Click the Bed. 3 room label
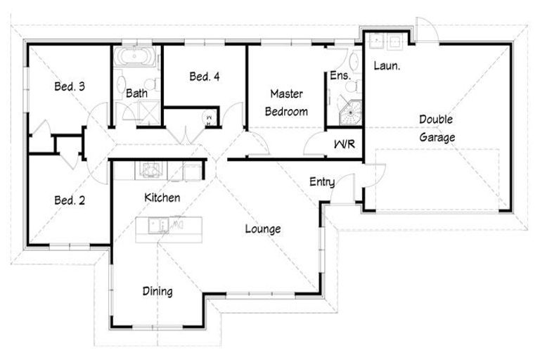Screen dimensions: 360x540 [70, 87]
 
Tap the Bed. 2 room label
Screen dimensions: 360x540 [70, 200]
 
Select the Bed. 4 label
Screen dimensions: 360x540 [205, 77]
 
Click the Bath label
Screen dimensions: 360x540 [136, 92]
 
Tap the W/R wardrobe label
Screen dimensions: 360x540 [344, 146]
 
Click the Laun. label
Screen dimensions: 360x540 [387, 66]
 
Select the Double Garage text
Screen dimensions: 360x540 [437, 128]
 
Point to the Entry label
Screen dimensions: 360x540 [322, 182]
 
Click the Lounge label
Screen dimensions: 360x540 [263, 229]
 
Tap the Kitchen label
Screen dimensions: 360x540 [162, 198]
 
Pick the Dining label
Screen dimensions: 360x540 [157, 290]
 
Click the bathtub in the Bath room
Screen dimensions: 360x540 [136, 56]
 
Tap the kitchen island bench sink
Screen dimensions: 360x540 [156, 225]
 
